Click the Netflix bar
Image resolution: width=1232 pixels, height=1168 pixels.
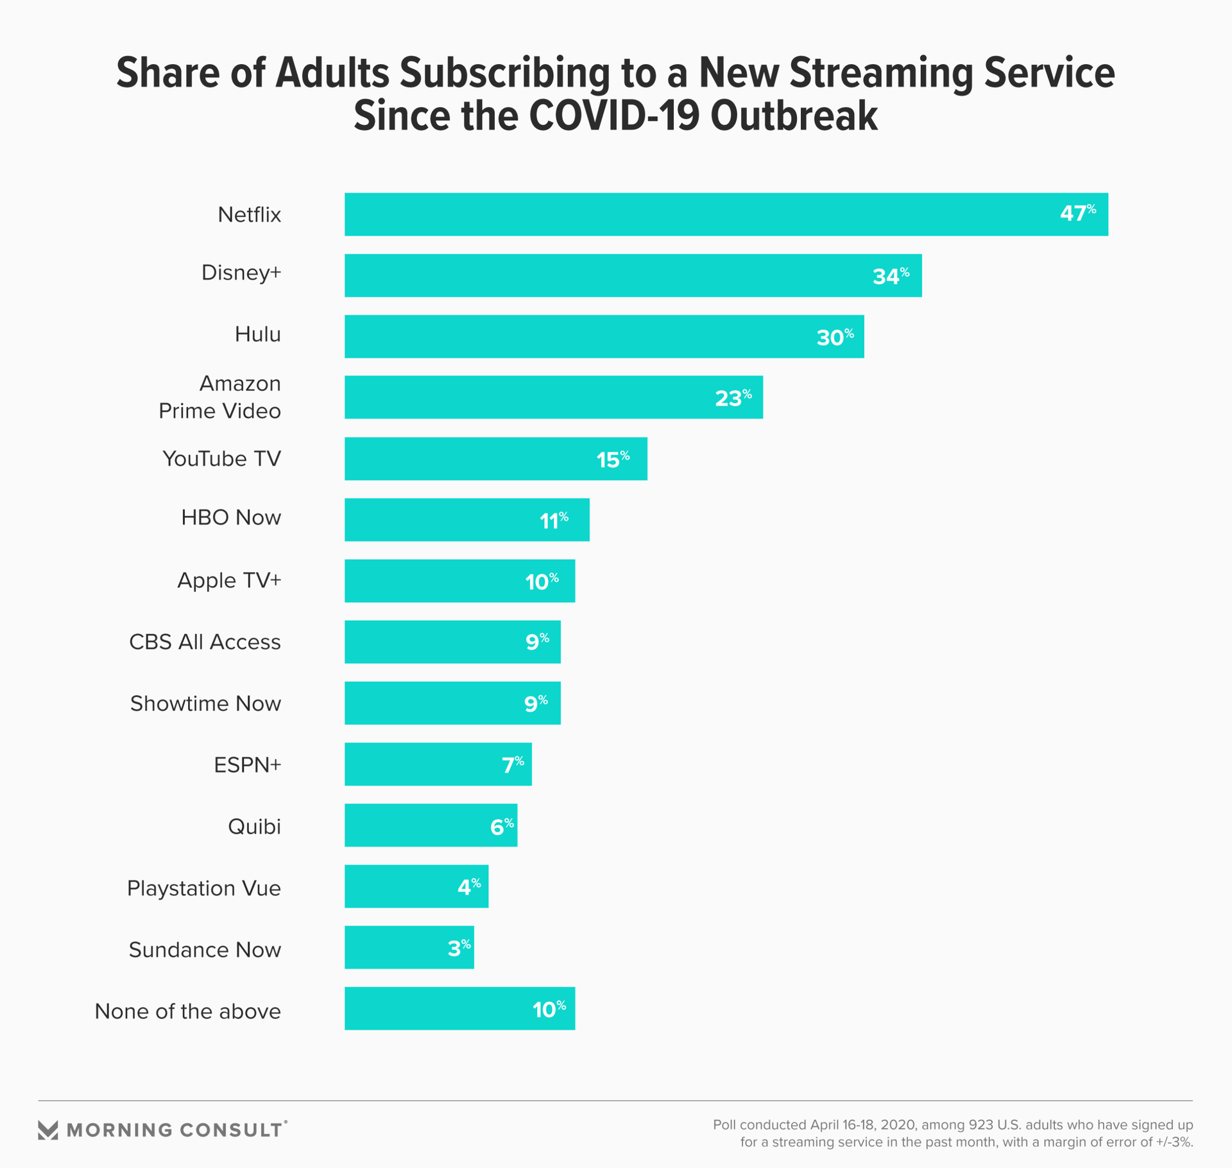pos(725,214)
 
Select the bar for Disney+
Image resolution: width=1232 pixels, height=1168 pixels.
pos(633,275)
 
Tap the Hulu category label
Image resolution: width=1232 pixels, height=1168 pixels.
pos(257,334)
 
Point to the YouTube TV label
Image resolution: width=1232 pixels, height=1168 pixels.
pos(221,459)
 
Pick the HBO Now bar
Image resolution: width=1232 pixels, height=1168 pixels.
pos(466,520)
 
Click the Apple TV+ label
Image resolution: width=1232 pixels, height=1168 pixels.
pos(229,580)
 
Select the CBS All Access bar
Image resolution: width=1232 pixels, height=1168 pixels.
pos(452,642)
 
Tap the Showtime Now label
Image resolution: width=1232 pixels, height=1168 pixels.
pos(205,703)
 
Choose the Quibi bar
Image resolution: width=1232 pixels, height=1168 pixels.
pos(431,825)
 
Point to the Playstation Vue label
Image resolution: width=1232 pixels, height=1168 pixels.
pos(203,888)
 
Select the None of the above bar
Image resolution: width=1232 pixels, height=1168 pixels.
pos(459,1009)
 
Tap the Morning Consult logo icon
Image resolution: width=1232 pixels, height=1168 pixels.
pos(48,1130)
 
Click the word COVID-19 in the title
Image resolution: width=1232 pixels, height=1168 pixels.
pos(615,116)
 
